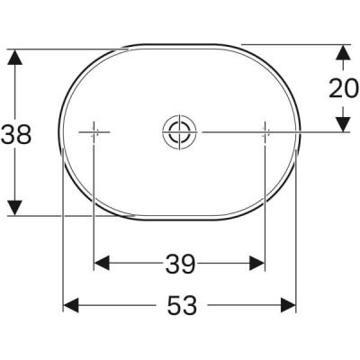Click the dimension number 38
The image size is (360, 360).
point(17,134)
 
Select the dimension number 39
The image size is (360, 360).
point(180,264)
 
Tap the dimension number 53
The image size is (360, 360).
point(181,306)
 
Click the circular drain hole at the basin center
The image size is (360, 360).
point(177,132)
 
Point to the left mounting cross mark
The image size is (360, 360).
point(94,132)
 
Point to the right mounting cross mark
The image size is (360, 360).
point(265,132)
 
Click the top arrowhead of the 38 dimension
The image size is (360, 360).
point(14,57)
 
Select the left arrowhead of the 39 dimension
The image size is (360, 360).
point(102,263)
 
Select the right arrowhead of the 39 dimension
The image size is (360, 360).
point(257,263)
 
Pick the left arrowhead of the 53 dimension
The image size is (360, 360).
point(70,306)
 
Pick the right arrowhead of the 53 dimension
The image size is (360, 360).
point(289,306)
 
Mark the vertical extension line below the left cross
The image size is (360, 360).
point(94,207)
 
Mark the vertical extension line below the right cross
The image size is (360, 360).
point(265,207)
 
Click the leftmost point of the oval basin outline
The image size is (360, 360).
point(60,132)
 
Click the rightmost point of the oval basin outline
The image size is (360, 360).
point(298,132)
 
